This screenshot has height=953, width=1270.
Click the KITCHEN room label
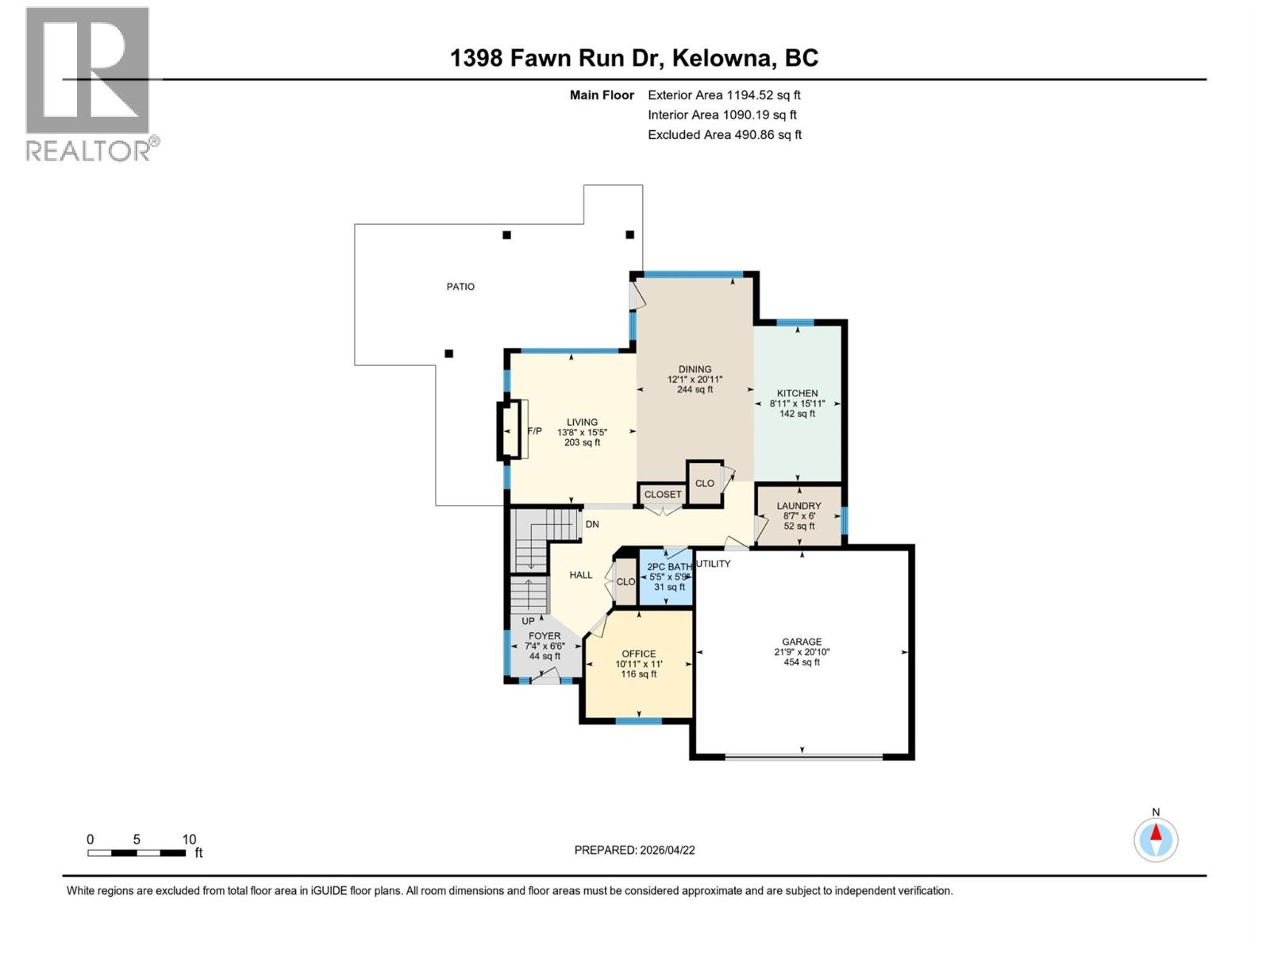click(797, 393)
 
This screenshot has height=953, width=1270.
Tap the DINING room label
click(695, 369)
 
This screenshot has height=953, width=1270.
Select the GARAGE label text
click(802, 642)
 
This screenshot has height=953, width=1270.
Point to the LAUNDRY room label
click(799, 506)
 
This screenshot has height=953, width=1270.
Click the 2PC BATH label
click(668, 567)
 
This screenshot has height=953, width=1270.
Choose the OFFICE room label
click(638, 654)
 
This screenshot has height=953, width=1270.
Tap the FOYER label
click(545, 636)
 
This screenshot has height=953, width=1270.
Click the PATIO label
click(460, 287)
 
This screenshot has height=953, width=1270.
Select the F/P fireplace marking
click(534, 431)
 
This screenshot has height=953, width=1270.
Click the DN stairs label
click(592, 524)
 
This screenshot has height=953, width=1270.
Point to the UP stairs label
click(528, 621)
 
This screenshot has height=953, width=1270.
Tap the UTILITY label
click(713, 564)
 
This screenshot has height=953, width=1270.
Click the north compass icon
click(1156, 839)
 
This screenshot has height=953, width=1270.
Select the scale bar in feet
click(137, 853)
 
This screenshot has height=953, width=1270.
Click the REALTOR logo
click(89, 84)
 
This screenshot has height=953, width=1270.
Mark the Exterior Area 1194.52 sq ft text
click(724, 95)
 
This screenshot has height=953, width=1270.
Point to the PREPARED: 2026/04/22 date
click(634, 850)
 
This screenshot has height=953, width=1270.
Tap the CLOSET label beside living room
click(662, 494)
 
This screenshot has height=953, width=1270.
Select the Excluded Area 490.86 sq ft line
click(724, 135)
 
